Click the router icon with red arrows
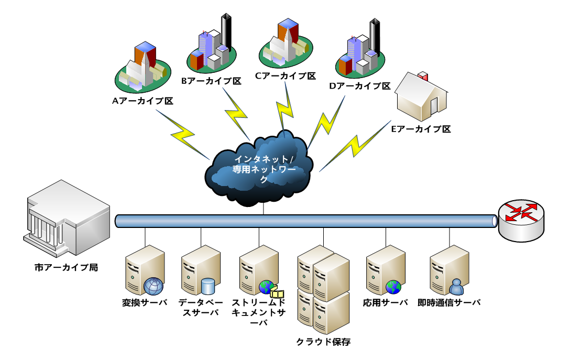pos(521,220)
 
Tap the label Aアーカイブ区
pos(142,101)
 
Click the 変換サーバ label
pos(145,302)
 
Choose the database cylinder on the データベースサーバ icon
pos(209,286)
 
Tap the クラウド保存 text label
pos(323,342)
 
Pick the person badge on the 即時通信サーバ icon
pos(457,286)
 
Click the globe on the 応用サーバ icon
pos(393,287)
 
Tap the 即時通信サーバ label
pos(449,302)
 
